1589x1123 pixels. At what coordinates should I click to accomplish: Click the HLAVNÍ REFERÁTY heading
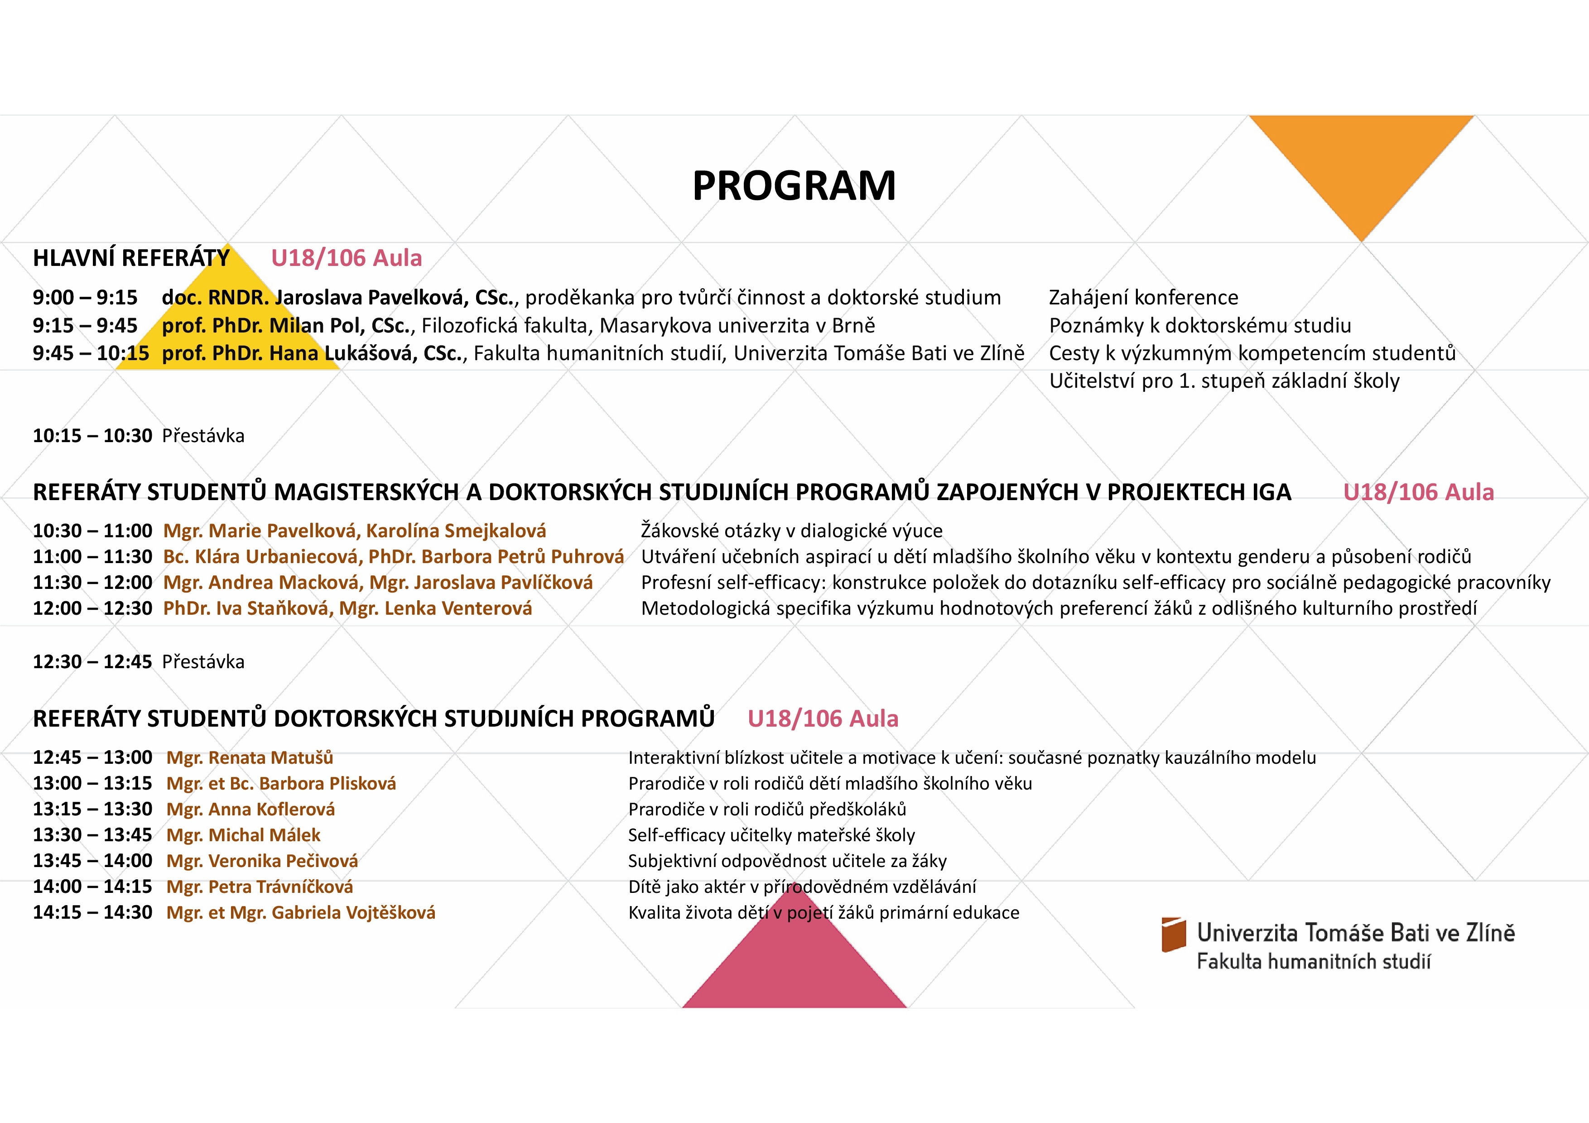click(131, 258)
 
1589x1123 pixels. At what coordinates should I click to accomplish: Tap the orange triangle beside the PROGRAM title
click(1361, 166)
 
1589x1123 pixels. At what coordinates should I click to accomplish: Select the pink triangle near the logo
click(794, 962)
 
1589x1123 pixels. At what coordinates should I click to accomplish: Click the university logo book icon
click(1174, 934)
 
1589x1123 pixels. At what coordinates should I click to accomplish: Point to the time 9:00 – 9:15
click(85, 298)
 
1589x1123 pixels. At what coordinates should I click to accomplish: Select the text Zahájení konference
click(1143, 298)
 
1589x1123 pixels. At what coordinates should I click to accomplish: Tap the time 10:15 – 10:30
click(92, 436)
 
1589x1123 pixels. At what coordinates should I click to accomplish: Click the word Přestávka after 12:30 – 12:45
click(203, 662)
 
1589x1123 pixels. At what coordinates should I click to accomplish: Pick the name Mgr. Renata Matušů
click(250, 758)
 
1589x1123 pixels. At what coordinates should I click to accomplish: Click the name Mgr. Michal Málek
click(244, 835)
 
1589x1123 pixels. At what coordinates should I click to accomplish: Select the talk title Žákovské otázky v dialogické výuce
click(792, 531)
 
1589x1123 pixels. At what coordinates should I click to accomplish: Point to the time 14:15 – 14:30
click(92, 913)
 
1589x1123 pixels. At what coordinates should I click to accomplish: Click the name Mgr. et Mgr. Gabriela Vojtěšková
click(301, 913)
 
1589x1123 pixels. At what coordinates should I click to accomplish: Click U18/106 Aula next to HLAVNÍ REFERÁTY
click(346, 258)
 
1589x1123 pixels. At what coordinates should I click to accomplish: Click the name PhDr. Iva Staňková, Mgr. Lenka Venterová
click(347, 608)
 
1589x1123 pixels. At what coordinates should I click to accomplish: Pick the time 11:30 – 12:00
click(92, 583)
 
